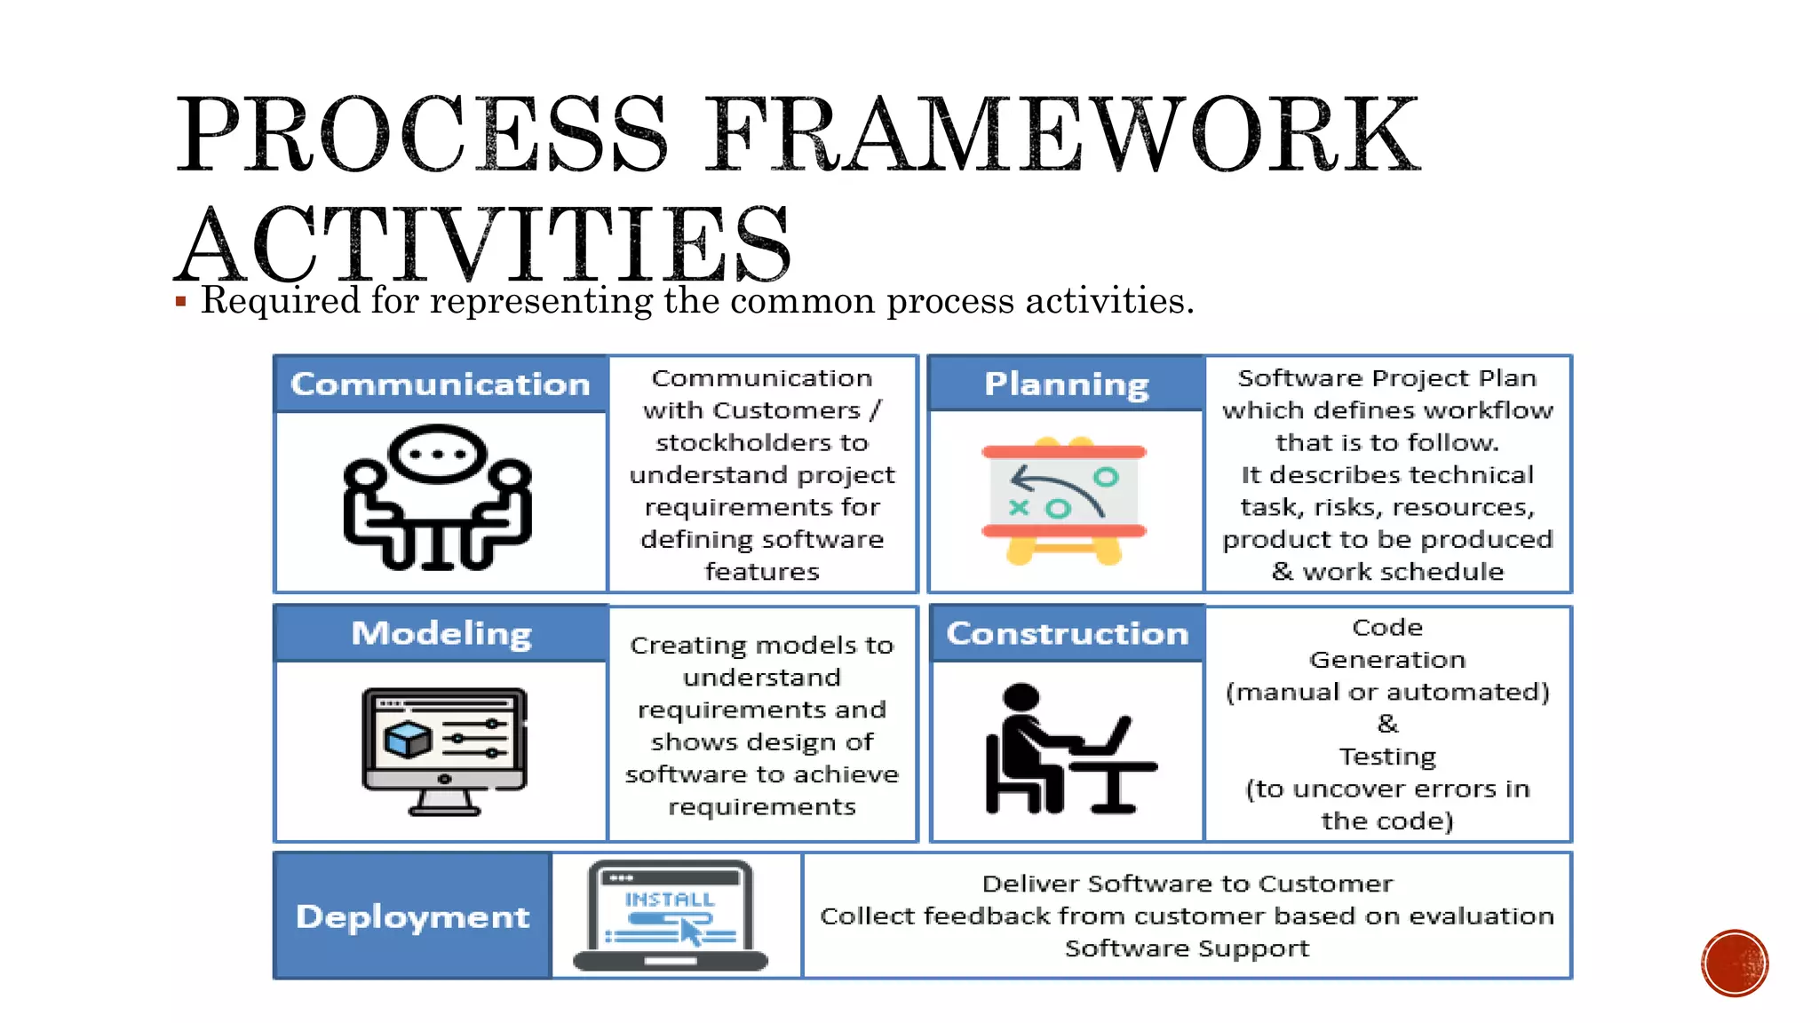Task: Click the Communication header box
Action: coord(441,385)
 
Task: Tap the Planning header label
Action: coord(1066,385)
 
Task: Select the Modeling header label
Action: coord(441,634)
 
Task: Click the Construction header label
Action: coord(1067,634)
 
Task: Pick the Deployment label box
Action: coord(412,916)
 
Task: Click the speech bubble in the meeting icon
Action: coord(437,453)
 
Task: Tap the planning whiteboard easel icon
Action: coord(1064,501)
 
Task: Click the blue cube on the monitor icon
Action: coord(408,739)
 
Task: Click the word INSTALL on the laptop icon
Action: coord(669,900)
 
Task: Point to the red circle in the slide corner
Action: coord(1734,964)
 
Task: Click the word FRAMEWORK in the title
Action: coord(1062,135)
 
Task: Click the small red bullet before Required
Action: coord(181,302)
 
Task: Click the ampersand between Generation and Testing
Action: coord(1387,724)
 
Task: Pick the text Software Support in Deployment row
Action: coord(1187,948)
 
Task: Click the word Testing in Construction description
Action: coord(1387,757)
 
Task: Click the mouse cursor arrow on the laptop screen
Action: coord(690,932)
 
